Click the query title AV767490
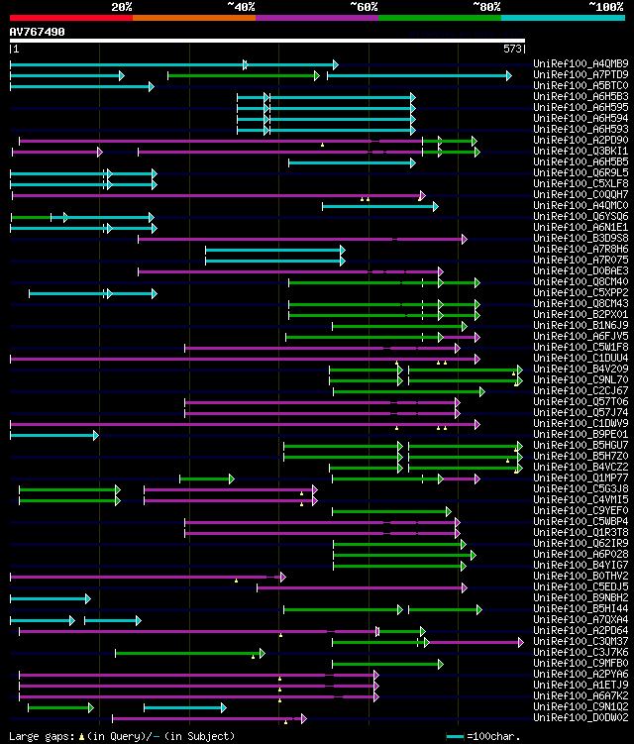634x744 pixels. tap(37, 32)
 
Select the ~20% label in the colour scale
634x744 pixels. tap(122, 6)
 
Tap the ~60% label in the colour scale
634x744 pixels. tap(364, 6)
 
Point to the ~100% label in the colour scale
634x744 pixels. tap(605, 6)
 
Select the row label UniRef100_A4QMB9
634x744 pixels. tap(581, 63)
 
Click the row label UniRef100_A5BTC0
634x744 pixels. tap(581, 85)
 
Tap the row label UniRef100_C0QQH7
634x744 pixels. tap(581, 194)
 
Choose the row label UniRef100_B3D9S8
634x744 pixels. tap(581, 238)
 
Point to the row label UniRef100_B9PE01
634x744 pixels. tap(581, 434)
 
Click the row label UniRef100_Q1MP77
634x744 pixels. tap(581, 478)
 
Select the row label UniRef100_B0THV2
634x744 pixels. tap(581, 576)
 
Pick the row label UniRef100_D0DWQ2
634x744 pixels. tap(581, 717)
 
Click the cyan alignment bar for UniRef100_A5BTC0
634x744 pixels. tap(79, 86)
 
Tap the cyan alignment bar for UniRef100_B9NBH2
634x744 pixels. tap(48, 598)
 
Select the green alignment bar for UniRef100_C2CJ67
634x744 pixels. tap(406, 391)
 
